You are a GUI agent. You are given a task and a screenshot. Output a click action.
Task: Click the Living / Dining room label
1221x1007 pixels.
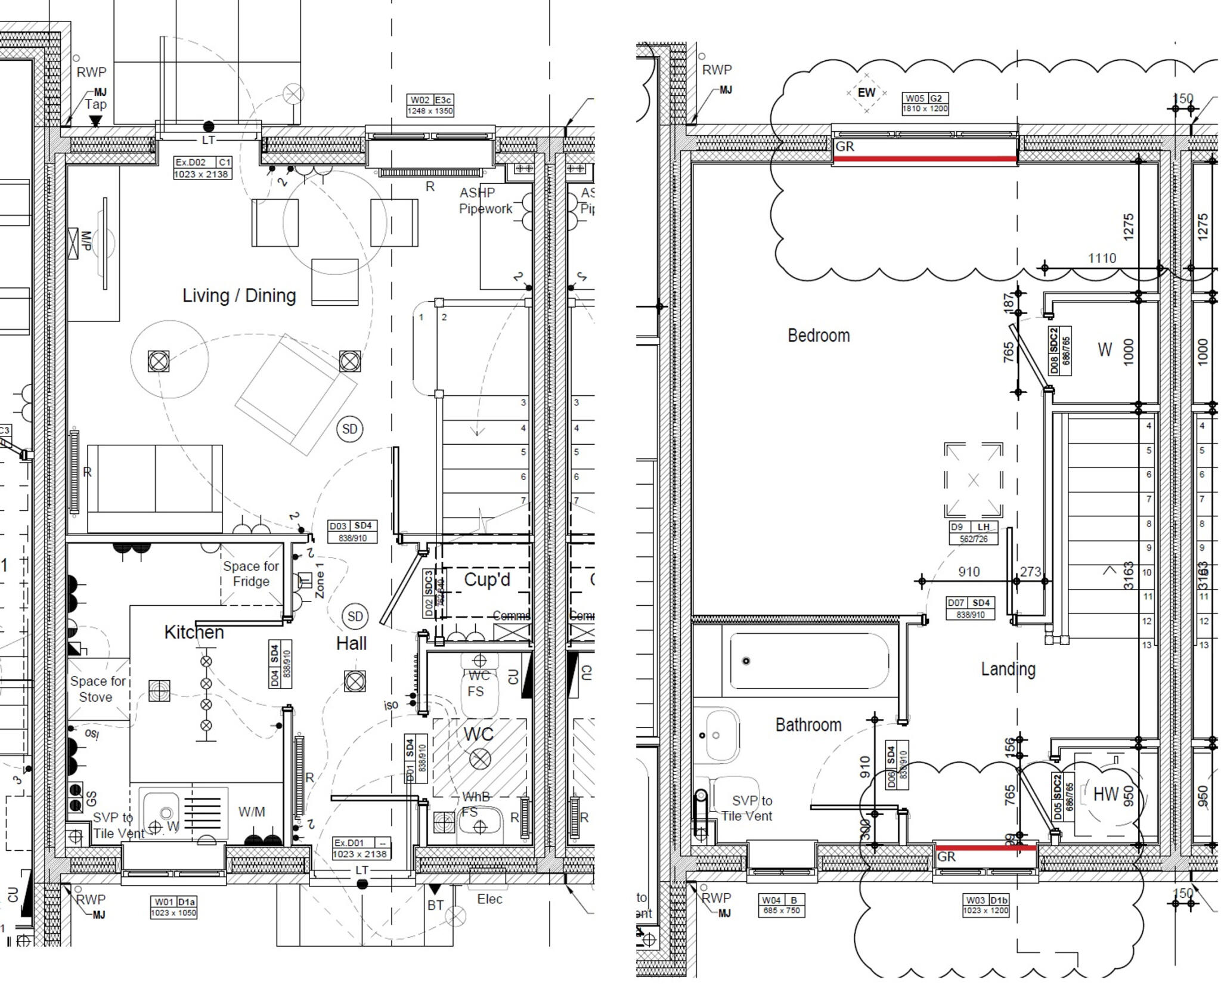tap(239, 296)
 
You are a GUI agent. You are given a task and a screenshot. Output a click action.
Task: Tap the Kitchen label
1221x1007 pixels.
tap(194, 632)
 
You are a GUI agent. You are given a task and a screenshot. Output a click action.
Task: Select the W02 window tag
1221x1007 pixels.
tap(430, 105)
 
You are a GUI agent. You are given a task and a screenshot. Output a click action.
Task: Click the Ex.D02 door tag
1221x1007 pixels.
tap(202, 168)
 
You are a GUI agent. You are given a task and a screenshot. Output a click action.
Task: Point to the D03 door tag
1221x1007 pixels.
tap(352, 531)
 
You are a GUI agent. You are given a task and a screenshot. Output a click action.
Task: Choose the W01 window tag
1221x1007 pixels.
tap(173, 907)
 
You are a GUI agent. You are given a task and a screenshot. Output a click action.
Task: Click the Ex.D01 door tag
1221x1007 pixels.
tap(361, 848)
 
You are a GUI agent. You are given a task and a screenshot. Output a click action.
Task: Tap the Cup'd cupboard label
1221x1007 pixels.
tap(486, 580)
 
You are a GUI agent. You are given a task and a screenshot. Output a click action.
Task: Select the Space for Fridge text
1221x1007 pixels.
tap(251, 574)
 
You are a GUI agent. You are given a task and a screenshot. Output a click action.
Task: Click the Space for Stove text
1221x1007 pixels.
tap(98, 689)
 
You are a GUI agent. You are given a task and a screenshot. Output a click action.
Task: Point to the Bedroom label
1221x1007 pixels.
tap(819, 336)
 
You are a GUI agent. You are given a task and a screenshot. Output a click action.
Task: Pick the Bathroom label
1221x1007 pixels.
tap(808, 725)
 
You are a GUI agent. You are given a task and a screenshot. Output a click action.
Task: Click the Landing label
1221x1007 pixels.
tap(1008, 670)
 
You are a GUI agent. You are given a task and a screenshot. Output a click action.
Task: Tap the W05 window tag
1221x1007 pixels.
tap(925, 103)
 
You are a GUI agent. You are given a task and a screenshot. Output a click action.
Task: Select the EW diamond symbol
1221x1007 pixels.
tap(866, 92)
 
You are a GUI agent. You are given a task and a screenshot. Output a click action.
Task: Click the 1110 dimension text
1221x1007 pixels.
tap(1102, 258)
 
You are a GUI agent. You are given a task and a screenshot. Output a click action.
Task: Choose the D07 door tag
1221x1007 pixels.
tap(970, 608)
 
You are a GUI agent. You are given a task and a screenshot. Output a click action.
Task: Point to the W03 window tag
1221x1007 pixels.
tap(986, 905)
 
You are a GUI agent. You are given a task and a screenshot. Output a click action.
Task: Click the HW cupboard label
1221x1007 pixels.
tap(1106, 794)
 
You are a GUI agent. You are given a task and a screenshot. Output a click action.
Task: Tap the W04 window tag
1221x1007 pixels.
tap(782, 905)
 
